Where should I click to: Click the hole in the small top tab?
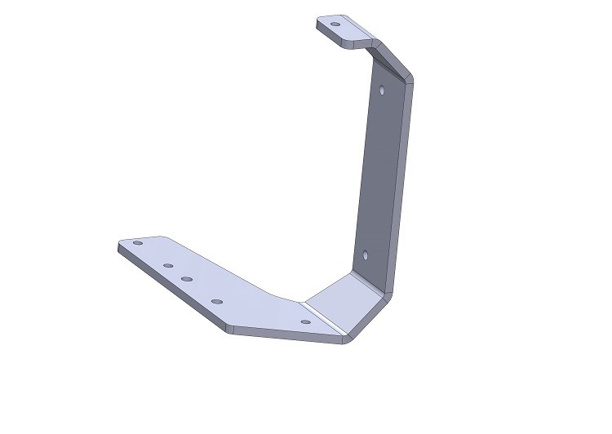335,24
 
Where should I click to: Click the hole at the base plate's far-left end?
137,243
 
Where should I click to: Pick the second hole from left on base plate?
168,265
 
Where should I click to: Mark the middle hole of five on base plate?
187,279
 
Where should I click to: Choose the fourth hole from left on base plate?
217,302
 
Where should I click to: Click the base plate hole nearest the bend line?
305,322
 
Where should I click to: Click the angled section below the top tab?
387,57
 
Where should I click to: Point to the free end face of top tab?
320,25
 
